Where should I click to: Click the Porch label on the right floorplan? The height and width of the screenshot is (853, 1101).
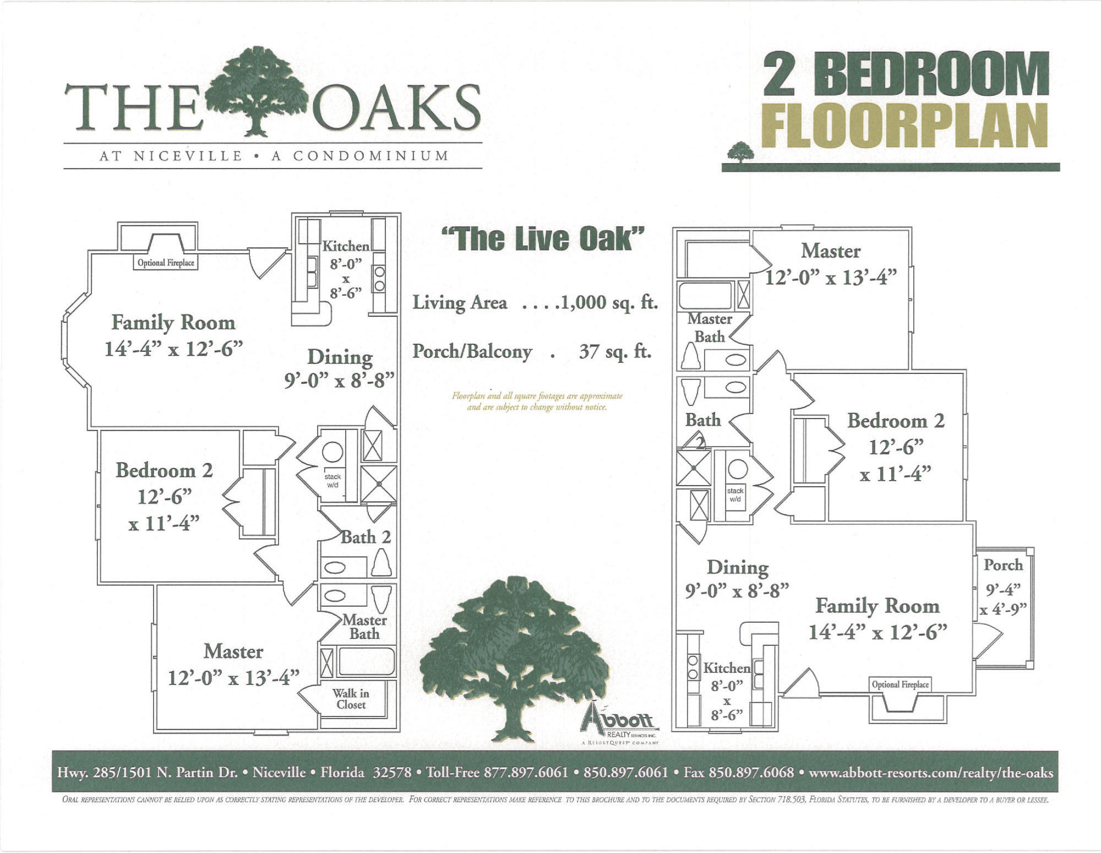(1003, 565)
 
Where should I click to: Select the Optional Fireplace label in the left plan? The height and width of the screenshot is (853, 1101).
(166, 263)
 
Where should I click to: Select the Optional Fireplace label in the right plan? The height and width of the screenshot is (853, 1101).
(900, 684)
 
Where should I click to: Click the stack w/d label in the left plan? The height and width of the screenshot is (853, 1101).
(333, 481)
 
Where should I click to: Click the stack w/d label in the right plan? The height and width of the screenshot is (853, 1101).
(735, 495)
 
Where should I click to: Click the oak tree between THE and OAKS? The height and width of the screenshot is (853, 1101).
(257, 91)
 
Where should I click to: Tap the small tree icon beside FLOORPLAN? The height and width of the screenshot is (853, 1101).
(740, 152)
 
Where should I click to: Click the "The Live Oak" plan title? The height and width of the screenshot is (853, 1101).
(543, 239)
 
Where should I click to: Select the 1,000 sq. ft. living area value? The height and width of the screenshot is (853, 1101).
(608, 302)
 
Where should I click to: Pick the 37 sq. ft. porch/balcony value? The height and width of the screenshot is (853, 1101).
(615, 351)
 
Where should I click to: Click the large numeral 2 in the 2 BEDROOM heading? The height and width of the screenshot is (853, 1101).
(780, 74)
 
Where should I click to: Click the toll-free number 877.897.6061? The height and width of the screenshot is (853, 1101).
(526, 773)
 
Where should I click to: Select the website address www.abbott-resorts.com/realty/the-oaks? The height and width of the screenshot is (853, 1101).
(930, 773)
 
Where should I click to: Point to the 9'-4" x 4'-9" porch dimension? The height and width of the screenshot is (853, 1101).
(1003, 599)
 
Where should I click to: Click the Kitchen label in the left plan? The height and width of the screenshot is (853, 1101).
(346, 246)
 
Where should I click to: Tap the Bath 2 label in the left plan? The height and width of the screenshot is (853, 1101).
(366, 537)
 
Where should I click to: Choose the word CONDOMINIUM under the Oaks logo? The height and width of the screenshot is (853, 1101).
(371, 156)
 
